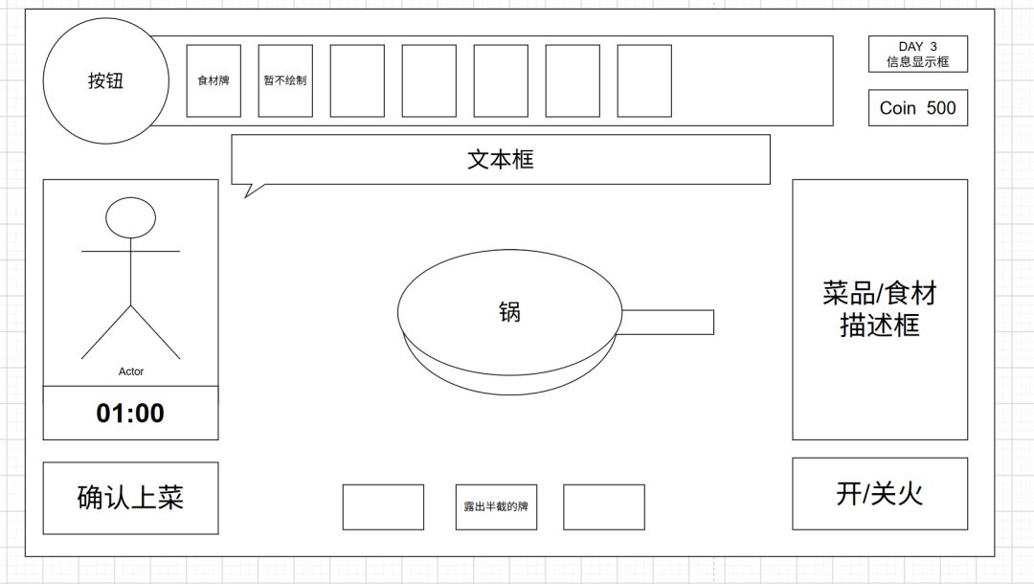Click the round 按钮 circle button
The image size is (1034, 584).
(x=106, y=80)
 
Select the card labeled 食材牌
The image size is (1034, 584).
(x=214, y=80)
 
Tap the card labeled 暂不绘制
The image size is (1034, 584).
(x=285, y=80)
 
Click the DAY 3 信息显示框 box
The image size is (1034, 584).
(x=918, y=54)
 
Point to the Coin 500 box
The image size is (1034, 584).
(x=918, y=107)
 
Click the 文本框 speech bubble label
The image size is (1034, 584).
(x=501, y=160)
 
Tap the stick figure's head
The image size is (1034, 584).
(x=130, y=217)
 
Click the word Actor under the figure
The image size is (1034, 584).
(x=131, y=371)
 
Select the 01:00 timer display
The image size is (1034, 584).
(x=130, y=413)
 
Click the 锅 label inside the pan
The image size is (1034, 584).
(x=509, y=311)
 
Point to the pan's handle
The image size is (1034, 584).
(x=667, y=323)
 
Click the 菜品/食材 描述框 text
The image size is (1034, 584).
(x=880, y=309)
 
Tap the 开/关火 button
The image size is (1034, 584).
(x=880, y=494)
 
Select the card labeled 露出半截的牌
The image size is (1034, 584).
(x=496, y=506)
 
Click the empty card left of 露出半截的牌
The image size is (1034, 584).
(x=383, y=506)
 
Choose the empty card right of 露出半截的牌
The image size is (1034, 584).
(x=604, y=506)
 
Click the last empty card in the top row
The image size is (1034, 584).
(x=644, y=80)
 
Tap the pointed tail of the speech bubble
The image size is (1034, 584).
(x=246, y=196)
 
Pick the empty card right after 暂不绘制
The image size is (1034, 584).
(x=357, y=80)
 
